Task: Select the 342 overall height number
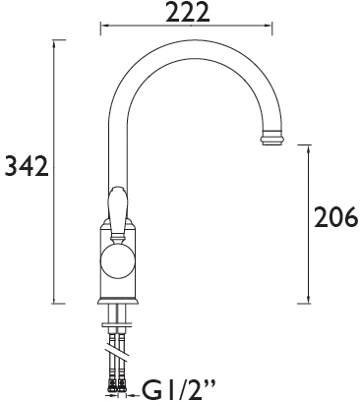pyautogui.click(x=25, y=169)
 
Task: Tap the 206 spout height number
pyautogui.click(x=334, y=218)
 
